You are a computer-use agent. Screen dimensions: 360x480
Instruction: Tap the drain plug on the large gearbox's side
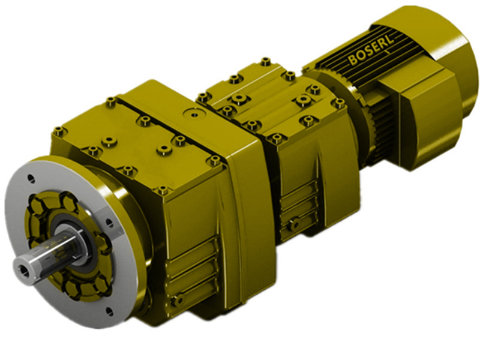click(x=177, y=299)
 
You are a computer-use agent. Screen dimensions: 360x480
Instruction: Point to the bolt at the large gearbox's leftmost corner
click(x=58, y=131)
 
